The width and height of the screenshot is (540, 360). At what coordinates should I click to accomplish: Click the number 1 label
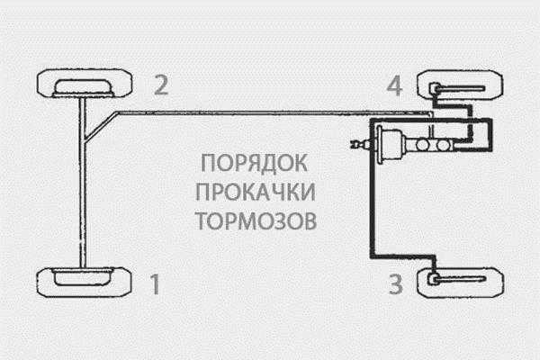point(155,285)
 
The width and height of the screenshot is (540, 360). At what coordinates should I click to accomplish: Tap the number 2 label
point(159,86)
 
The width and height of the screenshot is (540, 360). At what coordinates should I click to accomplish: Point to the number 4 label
point(393,86)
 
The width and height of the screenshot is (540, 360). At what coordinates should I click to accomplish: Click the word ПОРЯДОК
point(256,166)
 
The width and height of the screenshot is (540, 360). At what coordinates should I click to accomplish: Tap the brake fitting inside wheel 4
point(436,87)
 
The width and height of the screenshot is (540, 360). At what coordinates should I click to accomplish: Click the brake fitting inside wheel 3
point(436,281)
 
